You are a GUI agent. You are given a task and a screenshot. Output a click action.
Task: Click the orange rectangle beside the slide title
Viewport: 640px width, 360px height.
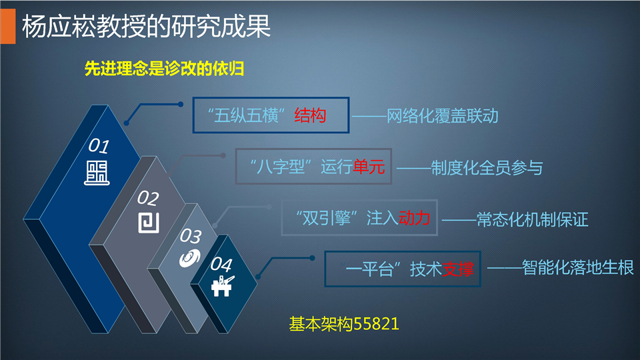8,26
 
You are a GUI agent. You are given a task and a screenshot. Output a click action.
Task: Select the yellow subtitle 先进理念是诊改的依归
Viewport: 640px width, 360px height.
164,69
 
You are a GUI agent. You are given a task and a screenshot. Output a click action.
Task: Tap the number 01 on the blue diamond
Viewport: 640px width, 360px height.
99,146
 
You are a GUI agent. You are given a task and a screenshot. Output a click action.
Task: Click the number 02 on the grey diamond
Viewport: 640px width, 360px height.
148,199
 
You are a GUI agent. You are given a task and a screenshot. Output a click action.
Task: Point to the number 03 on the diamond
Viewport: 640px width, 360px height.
191,236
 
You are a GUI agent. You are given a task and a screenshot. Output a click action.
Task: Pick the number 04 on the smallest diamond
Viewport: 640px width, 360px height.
221,265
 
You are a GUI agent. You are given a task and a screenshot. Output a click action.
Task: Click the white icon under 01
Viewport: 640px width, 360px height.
97,173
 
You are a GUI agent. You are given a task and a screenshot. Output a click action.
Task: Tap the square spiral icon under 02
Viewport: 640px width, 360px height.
149,223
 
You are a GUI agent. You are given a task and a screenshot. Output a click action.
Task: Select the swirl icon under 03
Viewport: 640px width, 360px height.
190,258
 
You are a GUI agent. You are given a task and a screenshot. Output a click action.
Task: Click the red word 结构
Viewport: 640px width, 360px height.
310,115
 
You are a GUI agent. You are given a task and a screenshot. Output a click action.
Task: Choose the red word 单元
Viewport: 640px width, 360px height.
369,167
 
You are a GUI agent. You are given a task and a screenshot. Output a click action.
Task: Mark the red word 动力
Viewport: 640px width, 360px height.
414,219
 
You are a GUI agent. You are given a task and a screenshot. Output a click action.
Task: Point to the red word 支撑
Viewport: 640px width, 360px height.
458,269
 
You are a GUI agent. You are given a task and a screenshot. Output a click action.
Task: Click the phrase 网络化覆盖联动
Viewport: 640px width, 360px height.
443,116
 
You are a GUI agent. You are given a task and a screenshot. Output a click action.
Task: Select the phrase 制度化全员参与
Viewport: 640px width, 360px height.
487,168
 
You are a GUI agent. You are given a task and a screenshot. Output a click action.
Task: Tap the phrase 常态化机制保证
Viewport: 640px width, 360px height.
532,219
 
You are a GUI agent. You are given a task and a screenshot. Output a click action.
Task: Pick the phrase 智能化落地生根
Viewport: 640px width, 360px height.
577,268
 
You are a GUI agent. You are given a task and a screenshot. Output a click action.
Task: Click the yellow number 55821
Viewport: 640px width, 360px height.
376,324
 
